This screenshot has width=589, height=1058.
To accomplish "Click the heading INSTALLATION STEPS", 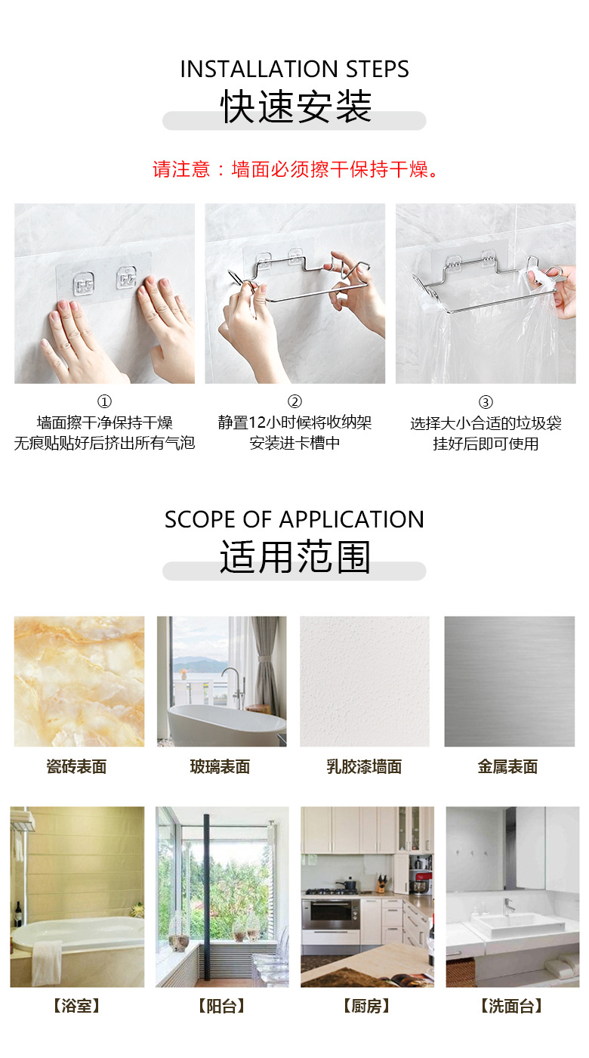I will (294, 70).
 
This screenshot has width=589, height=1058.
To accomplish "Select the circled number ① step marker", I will (104, 402).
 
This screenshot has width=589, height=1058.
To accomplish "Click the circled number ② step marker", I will (294, 402).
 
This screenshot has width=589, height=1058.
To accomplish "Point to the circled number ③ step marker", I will (486, 402).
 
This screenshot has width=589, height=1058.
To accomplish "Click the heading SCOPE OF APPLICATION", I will (294, 520).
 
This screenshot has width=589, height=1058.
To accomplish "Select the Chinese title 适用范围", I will (294, 558).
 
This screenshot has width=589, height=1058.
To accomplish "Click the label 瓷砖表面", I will (77, 767).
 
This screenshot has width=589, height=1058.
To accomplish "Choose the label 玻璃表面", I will (220, 767).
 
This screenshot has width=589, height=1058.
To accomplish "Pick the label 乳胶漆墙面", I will (364, 767).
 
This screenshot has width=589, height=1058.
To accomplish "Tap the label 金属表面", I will (507, 767).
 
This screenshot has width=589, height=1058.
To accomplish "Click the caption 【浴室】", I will (76, 1006).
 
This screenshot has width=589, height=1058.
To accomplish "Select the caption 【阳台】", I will (221, 1006).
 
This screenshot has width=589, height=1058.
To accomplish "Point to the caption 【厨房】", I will (366, 1006).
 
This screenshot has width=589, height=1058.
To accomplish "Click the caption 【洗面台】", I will (511, 1006).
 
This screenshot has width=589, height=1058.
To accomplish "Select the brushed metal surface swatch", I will (509, 681).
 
